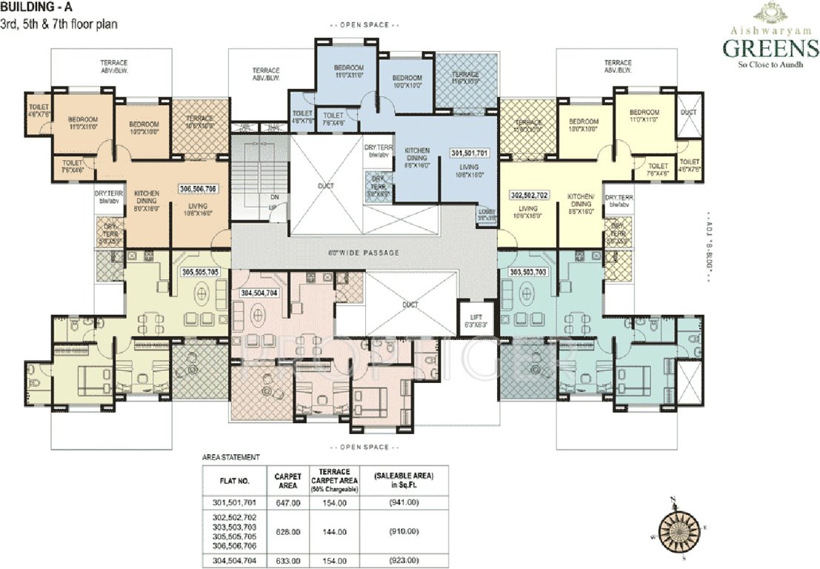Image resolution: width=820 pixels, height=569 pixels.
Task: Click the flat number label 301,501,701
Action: click(470, 153)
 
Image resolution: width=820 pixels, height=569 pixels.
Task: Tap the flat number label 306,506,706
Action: click(196, 189)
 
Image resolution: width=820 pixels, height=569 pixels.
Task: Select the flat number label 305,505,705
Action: click(200, 272)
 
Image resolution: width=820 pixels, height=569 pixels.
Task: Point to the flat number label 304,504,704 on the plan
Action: click(259, 292)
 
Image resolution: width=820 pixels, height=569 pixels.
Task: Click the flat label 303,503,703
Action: click(529, 272)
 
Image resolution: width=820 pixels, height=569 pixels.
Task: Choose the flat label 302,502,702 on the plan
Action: click(530, 194)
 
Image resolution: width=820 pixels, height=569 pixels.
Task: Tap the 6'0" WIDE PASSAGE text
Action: click(364, 253)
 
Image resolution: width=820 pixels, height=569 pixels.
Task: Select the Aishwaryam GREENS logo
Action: click(770, 41)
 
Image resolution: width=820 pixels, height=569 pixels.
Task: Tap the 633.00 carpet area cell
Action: click(287, 561)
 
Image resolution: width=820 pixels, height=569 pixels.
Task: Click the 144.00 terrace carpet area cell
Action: click(338, 531)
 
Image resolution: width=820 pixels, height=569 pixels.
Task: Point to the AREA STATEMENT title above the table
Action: click(230, 459)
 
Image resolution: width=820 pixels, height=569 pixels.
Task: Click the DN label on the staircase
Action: click(273, 197)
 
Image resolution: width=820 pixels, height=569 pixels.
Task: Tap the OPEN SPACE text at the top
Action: click(364, 25)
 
